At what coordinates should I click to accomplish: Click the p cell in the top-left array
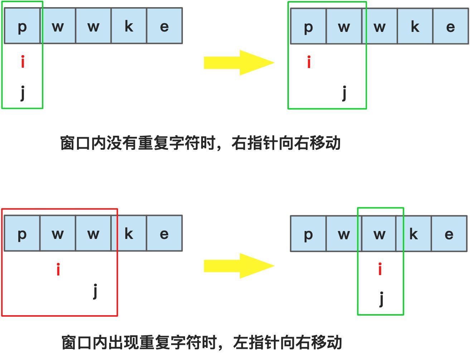[x=22, y=26]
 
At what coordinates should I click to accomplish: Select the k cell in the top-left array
[x=129, y=26]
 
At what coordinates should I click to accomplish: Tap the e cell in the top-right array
[x=450, y=27]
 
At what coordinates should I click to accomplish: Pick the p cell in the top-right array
[x=308, y=27]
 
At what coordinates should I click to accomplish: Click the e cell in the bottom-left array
[x=164, y=234]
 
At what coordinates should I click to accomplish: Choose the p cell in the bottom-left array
[x=22, y=234]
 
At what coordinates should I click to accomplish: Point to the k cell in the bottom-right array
[x=413, y=234]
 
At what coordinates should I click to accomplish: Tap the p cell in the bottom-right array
[x=308, y=234]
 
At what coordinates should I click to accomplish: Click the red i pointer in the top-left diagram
[x=23, y=62]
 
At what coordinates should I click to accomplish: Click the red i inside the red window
[x=58, y=269]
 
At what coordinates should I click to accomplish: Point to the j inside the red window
[x=95, y=291]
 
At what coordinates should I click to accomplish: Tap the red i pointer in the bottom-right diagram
[x=380, y=269]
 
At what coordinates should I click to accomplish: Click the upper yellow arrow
[x=239, y=63]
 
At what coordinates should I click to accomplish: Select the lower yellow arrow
[x=239, y=266]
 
